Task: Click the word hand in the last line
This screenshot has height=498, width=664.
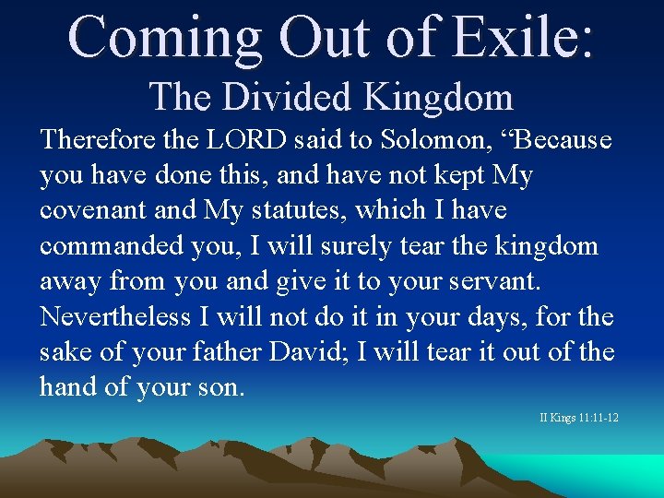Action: pyautogui.click(x=68, y=386)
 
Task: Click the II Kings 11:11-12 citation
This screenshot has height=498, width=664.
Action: pyautogui.click(x=579, y=419)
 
